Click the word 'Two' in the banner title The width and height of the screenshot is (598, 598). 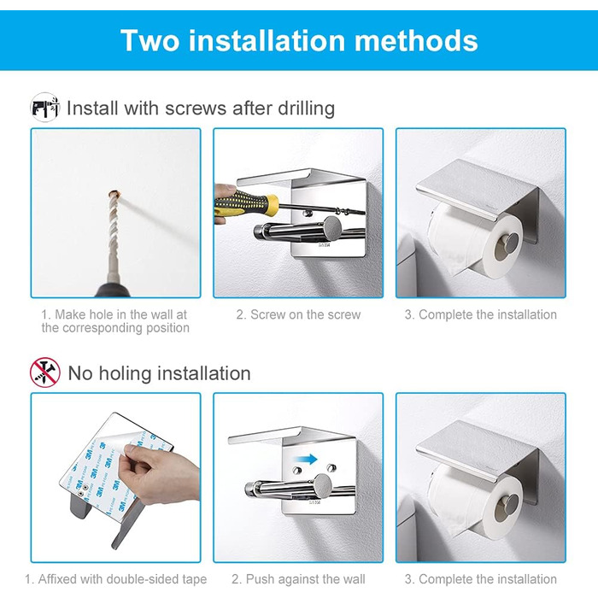click(x=149, y=40)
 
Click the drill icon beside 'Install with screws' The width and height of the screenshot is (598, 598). click(x=45, y=107)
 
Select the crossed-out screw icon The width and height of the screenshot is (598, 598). click(x=45, y=372)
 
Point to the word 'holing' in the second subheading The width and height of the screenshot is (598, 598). click(x=125, y=374)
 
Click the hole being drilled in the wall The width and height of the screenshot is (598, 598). click(x=114, y=195)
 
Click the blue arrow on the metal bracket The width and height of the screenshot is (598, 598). click(x=306, y=459)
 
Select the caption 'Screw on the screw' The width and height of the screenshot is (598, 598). click(x=298, y=314)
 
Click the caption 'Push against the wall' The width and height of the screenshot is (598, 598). click(x=298, y=579)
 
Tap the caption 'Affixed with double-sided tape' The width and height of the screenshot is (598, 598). click(x=116, y=579)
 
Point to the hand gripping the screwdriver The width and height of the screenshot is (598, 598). click(x=224, y=202)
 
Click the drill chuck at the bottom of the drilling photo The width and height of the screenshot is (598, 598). click(x=112, y=288)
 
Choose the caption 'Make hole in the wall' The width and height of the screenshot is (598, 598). click(x=114, y=314)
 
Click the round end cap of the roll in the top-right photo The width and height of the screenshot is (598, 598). click(x=507, y=246)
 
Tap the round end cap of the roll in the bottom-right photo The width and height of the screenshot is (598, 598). click(x=507, y=507)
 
